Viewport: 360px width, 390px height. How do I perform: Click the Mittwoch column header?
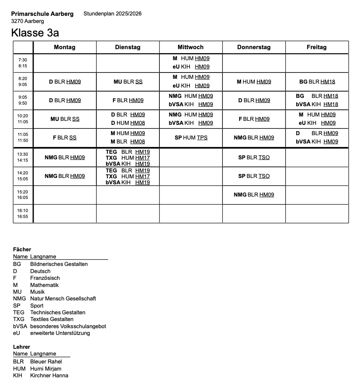(x=190, y=47)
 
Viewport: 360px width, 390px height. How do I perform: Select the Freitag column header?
(x=316, y=47)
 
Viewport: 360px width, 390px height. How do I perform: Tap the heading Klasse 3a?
(x=35, y=32)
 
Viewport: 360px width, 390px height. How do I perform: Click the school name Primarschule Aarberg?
(x=42, y=14)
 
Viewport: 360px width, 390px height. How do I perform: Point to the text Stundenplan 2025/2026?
(x=113, y=14)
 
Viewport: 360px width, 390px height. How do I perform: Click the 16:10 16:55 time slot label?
(x=23, y=214)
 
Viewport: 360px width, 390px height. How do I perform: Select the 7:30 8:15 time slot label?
(x=23, y=63)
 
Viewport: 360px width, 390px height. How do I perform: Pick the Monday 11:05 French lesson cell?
(x=65, y=138)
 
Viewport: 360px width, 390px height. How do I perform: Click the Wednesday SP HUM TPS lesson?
(x=191, y=138)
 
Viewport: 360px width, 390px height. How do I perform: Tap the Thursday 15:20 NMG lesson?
(x=254, y=195)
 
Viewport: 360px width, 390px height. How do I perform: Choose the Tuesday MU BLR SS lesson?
(x=128, y=82)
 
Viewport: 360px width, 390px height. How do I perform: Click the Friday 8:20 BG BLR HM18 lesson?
(x=317, y=82)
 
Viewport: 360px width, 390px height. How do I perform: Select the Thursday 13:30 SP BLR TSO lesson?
(x=254, y=157)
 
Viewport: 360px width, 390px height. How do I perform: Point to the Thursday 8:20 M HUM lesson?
(x=254, y=82)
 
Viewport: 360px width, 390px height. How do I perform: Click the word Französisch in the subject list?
(x=45, y=278)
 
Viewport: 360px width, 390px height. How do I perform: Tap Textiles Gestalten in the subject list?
(x=52, y=319)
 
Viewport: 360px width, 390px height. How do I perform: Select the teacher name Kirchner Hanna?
(x=49, y=375)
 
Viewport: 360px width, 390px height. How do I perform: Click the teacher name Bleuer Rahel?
(x=46, y=361)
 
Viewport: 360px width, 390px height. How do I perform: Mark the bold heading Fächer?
(x=22, y=249)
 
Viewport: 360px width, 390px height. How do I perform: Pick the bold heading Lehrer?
(x=21, y=347)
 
